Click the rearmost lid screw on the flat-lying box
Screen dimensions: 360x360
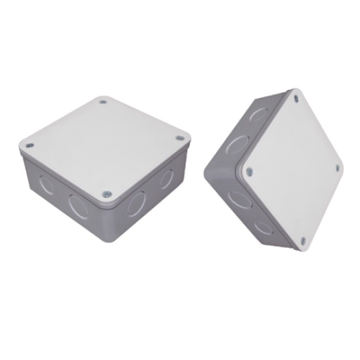(x=103, y=102)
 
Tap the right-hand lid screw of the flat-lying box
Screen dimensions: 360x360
(x=179, y=138)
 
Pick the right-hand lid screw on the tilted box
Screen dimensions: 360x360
(x=337, y=167)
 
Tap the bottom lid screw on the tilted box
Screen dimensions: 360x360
(x=303, y=241)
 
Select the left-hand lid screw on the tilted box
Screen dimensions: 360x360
(x=248, y=171)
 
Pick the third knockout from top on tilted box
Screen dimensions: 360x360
(x=237, y=198)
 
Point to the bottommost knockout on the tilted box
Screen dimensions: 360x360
(x=263, y=226)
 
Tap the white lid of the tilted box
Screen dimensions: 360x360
(x=293, y=169)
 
